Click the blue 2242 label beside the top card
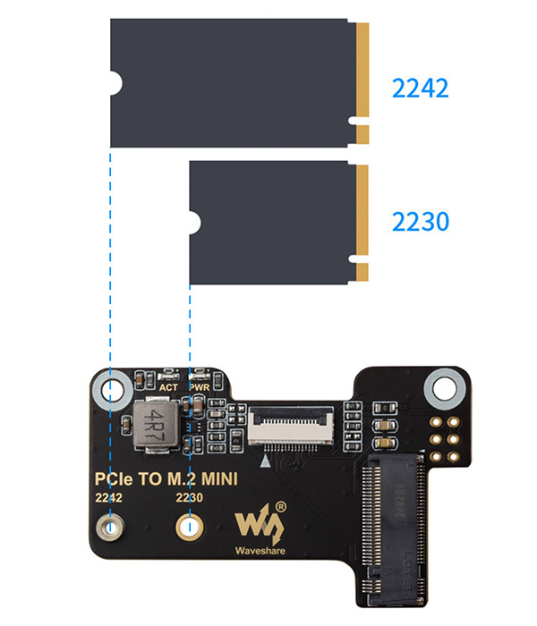coord(420,89)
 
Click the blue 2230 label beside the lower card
coord(420,221)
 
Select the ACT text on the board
coord(167,387)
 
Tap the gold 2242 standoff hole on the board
coord(111,528)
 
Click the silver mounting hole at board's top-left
coord(111,390)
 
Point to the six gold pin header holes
coord(445,436)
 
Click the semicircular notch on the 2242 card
coord(115,85)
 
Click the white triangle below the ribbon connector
coord(266,461)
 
